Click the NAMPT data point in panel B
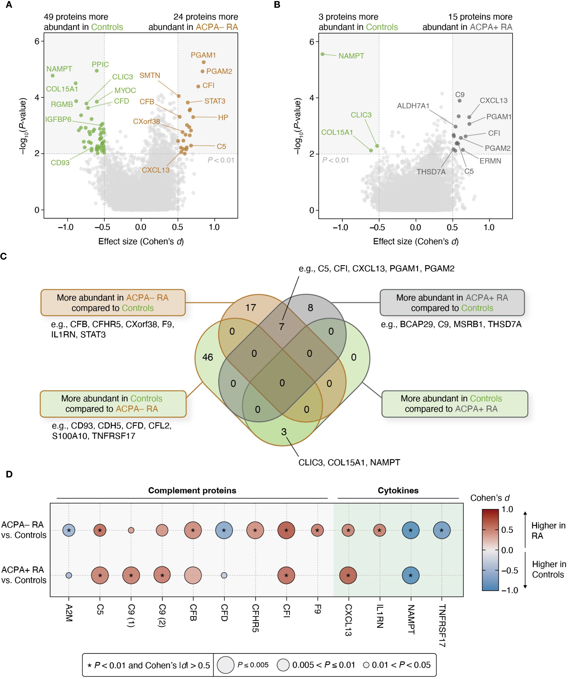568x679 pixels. [x=322, y=54]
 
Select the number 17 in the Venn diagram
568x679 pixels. [x=250, y=307]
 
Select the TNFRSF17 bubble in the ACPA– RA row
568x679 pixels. [x=441, y=530]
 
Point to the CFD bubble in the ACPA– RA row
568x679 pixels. [x=224, y=530]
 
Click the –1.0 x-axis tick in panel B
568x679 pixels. [x=340, y=227]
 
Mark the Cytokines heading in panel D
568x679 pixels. [x=398, y=491]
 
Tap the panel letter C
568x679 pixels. [x=4, y=256]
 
